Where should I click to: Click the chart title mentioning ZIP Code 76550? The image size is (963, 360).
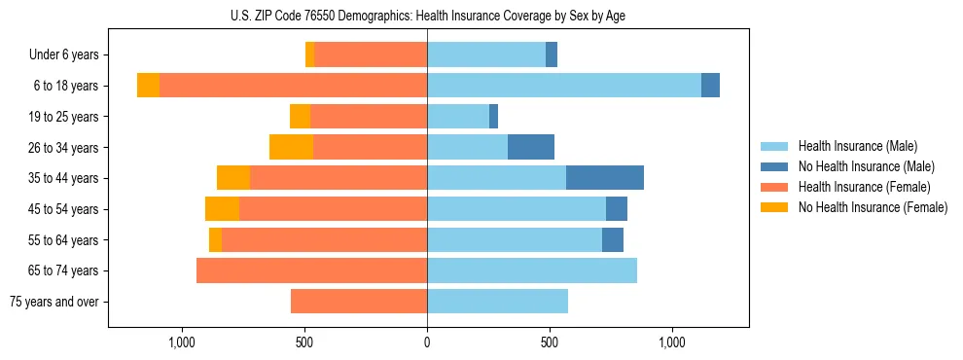pos(428,16)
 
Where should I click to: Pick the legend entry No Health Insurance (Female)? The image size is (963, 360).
pos(873,207)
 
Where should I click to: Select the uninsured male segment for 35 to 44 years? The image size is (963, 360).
pos(605,178)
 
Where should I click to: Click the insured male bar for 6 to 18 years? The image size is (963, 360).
pos(564,86)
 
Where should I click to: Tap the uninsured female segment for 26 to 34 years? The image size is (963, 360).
pos(291,147)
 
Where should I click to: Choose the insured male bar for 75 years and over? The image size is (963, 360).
pos(497,302)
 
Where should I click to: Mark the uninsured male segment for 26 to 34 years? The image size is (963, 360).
pos(531,147)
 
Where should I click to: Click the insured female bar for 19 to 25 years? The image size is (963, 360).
pos(369,117)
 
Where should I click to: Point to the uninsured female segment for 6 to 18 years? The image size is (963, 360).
pos(148,86)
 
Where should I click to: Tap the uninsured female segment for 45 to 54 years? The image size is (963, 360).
pos(222,209)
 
